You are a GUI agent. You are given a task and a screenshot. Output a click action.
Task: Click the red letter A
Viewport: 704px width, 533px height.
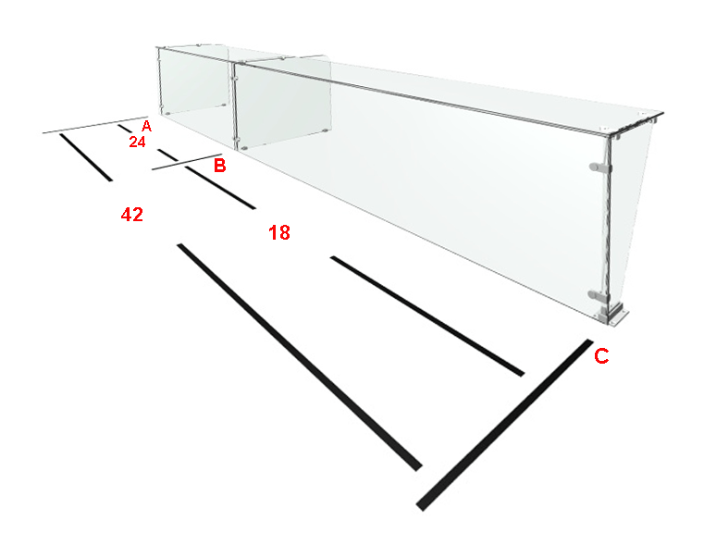coord(146,126)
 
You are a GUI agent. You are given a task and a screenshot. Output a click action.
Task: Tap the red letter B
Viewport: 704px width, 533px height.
coord(219,166)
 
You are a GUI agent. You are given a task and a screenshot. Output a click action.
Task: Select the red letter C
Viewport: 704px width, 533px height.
coord(601,356)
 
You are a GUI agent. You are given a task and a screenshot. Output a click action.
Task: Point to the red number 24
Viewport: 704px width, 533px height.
coord(138,142)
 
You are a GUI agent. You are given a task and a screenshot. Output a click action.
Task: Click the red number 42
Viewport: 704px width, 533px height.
coord(132,215)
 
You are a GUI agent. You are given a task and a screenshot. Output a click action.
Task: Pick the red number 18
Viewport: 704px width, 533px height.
coord(279,232)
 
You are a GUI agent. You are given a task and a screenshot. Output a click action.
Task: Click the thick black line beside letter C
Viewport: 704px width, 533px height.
coord(505,425)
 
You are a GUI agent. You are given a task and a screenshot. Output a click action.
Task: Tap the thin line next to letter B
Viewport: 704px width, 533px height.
coord(187,162)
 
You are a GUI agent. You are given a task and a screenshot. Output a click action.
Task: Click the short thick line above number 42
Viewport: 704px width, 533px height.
coord(86,157)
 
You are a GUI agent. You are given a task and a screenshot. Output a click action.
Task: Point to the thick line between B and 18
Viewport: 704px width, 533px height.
coord(220,187)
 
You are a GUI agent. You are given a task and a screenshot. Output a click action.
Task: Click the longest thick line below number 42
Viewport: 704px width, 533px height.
coord(300,357)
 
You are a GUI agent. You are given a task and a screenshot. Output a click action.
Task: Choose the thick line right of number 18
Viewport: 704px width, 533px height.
coord(427,316)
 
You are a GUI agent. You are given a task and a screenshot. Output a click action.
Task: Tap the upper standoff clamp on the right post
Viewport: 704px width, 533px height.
coord(600,167)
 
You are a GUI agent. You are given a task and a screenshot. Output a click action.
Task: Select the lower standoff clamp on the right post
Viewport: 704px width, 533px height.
coord(599,296)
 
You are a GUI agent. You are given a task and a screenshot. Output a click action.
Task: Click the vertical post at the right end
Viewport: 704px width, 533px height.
coord(610,224)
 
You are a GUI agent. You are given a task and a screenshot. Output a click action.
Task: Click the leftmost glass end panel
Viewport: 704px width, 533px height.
coord(194,81)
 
